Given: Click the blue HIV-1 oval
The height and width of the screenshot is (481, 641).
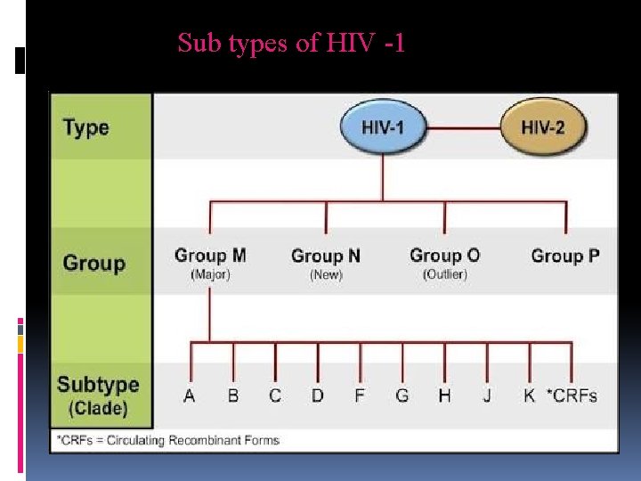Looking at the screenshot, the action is [x=383, y=126].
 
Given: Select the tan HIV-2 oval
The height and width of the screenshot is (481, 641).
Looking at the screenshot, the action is [x=543, y=126].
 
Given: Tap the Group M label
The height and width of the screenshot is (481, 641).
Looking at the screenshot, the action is [x=210, y=257].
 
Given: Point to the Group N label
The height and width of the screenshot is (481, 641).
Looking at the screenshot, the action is [x=326, y=257].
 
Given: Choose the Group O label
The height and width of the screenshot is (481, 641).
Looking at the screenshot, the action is [x=444, y=256].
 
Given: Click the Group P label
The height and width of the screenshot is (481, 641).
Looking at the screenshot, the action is [x=565, y=257].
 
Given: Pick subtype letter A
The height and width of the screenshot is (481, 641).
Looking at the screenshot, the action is [x=190, y=395].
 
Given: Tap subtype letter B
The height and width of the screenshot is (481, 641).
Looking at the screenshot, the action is [x=233, y=395].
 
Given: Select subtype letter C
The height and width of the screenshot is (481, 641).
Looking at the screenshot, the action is [x=275, y=395].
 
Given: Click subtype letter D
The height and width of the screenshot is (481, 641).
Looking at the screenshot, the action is [x=318, y=395].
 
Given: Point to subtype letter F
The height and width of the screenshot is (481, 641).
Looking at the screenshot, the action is [x=360, y=395].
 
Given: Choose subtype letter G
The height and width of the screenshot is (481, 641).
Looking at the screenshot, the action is [x=402, y=395].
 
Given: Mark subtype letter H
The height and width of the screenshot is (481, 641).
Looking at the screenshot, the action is [x=444, y=395].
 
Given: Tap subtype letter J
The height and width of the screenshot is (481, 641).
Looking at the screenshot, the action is [x=487, y=395].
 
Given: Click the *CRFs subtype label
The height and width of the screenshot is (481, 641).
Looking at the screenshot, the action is [x=571, y=395].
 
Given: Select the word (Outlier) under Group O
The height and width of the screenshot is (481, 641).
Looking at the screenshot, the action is [x=444, y=274].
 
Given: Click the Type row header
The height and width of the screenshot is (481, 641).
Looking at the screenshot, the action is [x=86, y=127].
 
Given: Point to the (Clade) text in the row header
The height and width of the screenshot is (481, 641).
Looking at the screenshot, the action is [x=98, y=409].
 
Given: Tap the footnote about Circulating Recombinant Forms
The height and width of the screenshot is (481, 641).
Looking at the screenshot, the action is [x=167, y=440].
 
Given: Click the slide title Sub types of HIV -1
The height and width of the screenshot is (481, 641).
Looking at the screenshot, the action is [x=291, y=43].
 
